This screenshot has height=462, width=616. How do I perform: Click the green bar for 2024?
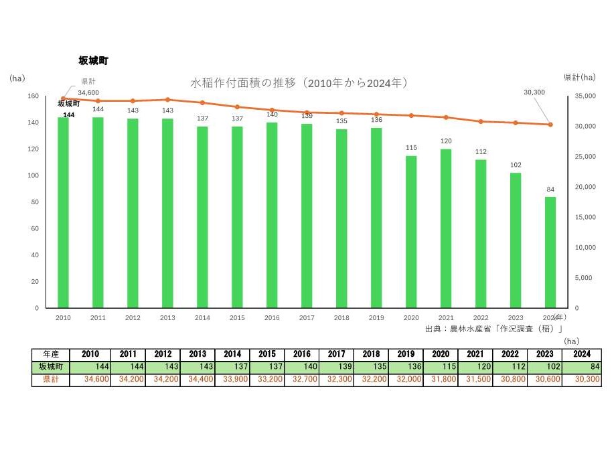point(550,252)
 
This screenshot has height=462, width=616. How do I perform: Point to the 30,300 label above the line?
point(534,92)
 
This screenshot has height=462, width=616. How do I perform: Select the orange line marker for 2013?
point(167,100)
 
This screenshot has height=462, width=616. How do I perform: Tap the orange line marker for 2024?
point(550,125)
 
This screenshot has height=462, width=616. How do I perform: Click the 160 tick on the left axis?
point(33,96)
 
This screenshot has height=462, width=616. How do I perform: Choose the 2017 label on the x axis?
point(307,318)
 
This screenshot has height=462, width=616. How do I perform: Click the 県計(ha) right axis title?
point(579,77)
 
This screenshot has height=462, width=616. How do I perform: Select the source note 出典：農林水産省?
point(493,329)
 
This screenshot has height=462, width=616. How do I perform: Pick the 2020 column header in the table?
point(441,354)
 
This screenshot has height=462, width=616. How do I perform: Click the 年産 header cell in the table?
point(50,354)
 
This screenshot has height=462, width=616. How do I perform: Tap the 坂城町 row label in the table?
point(50,367)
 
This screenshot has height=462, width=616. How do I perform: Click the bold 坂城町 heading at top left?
point(93,60)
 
